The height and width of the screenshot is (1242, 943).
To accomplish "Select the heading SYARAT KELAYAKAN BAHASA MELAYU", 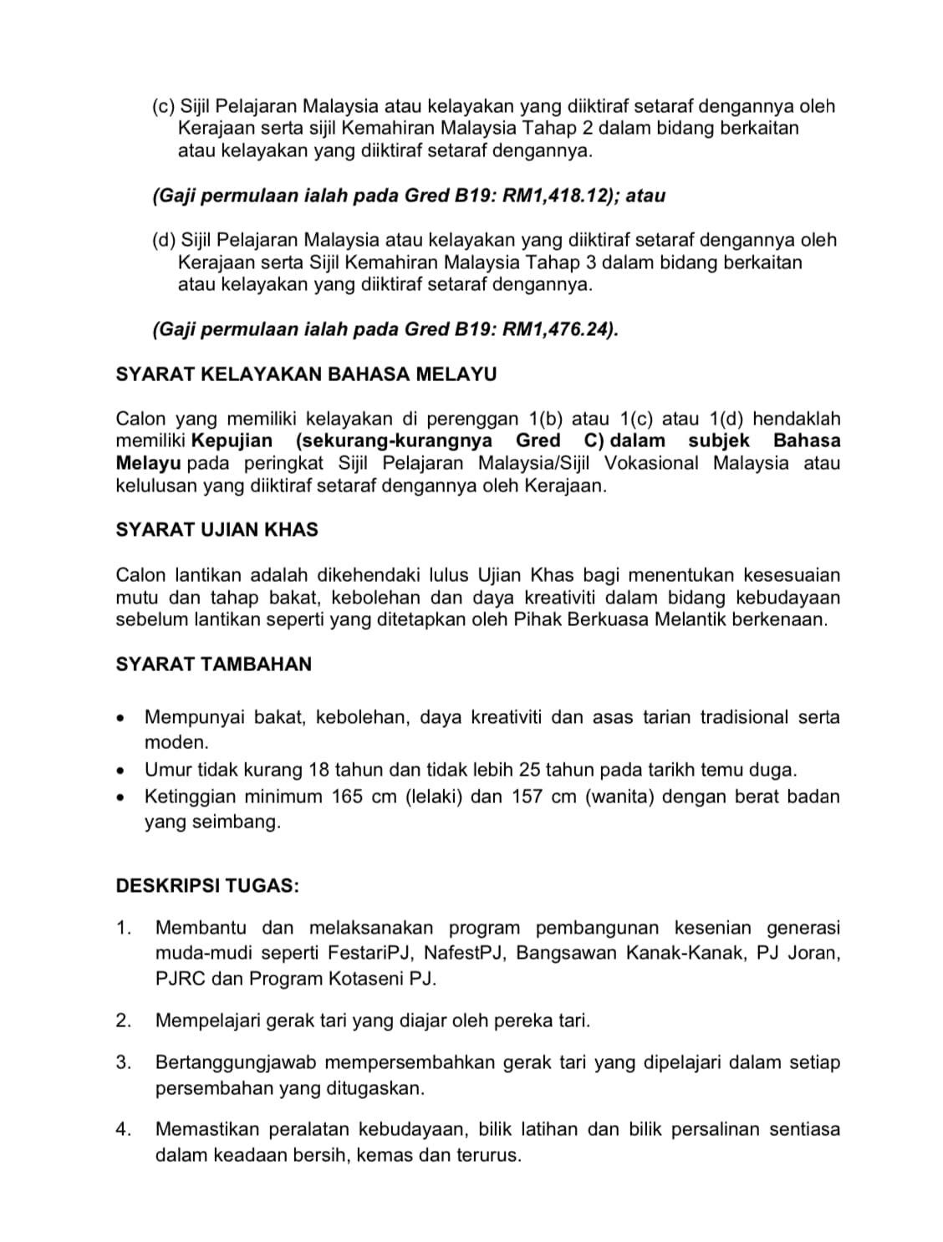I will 306,374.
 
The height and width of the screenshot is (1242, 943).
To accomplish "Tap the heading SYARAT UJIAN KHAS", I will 217,530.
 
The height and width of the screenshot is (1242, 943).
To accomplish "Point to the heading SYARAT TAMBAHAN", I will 213,664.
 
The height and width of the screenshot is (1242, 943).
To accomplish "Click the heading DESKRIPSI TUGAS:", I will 207,885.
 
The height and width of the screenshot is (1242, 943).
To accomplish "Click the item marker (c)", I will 163,107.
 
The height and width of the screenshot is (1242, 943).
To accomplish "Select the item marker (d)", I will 163,241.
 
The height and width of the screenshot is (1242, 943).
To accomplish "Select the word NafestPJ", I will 462,954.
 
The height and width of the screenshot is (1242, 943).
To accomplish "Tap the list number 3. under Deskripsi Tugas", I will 125,1063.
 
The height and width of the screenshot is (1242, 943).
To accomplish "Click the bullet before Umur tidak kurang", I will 123,771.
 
